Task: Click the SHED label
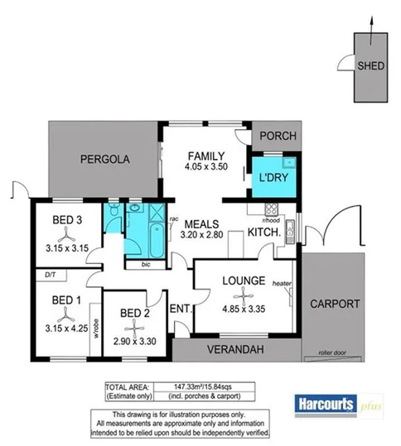coord(370,66)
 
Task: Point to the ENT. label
coord(181,309)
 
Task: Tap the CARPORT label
coord(335,303)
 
